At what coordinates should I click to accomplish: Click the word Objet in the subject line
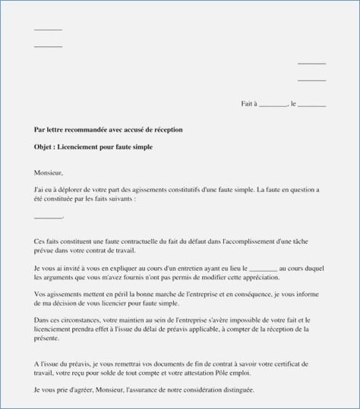click(44, 146)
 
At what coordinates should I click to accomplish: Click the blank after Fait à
click(273, 104)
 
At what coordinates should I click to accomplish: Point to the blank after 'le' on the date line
click(312, 104)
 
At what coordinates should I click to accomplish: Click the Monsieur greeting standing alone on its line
click(49, 172)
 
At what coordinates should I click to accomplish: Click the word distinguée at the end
click(238, 390)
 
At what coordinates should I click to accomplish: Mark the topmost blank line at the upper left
click(48, 30)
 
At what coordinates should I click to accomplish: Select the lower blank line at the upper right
click(311, 80)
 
